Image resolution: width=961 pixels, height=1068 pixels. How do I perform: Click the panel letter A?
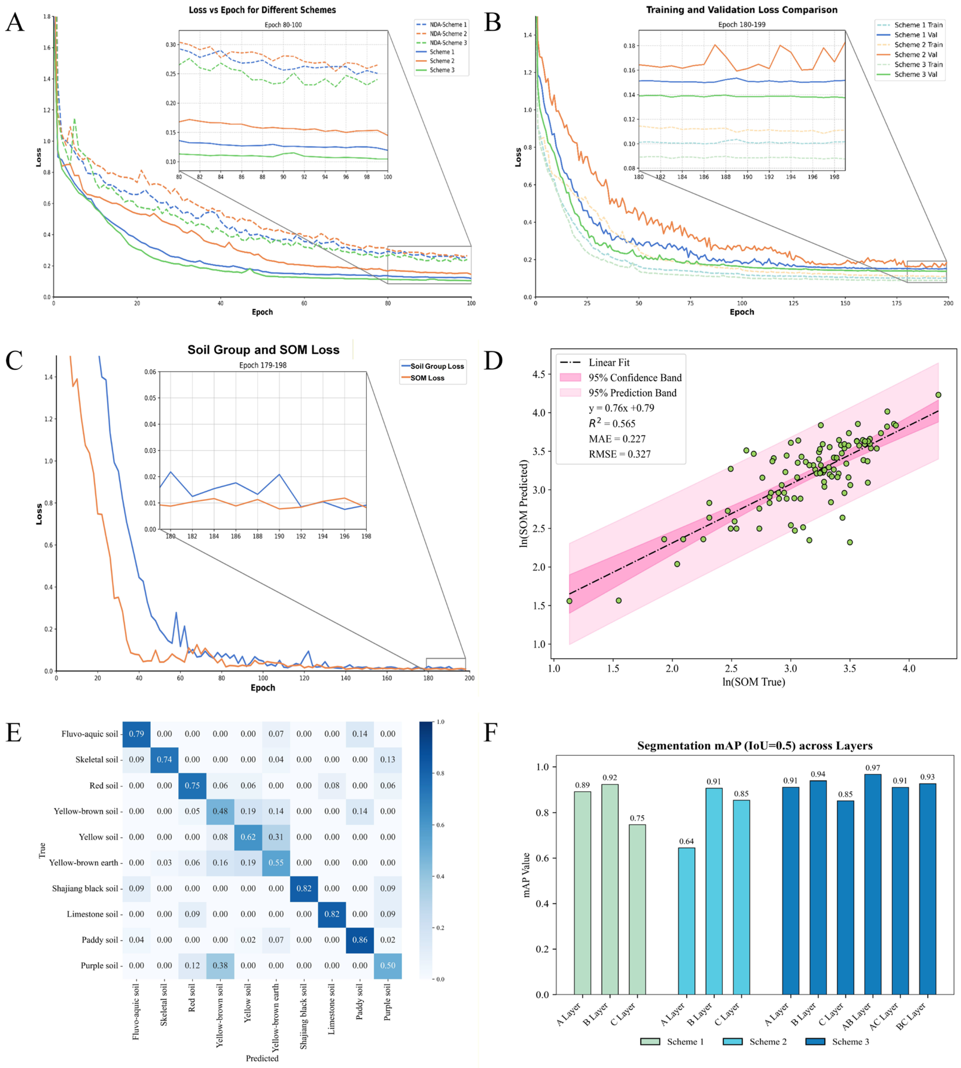tap(15, 23)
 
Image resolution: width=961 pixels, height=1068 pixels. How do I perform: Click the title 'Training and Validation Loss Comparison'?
tap(741, 10)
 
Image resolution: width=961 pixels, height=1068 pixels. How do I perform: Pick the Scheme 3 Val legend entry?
tap(915, 74)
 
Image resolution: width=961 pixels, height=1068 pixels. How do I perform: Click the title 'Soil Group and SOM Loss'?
tap(263, 350)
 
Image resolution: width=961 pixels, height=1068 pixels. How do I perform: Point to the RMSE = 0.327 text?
tap(619, 454)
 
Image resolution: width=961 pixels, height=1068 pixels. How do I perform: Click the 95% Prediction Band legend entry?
tap(632, 393)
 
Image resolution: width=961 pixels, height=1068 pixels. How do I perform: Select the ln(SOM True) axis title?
tap(753, 682)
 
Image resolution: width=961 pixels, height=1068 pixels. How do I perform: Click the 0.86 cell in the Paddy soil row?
tap(360, 940)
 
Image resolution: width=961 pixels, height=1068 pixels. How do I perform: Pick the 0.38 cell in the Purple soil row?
tap(220, 966)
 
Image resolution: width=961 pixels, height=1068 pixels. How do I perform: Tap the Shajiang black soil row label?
tap(85, 889)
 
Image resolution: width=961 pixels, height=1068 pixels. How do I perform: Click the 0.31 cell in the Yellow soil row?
tap(276, 837)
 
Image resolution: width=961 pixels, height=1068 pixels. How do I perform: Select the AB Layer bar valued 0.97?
tap(872, 884)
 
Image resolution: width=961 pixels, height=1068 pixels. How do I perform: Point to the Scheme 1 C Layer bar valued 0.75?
tap(637, 909)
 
